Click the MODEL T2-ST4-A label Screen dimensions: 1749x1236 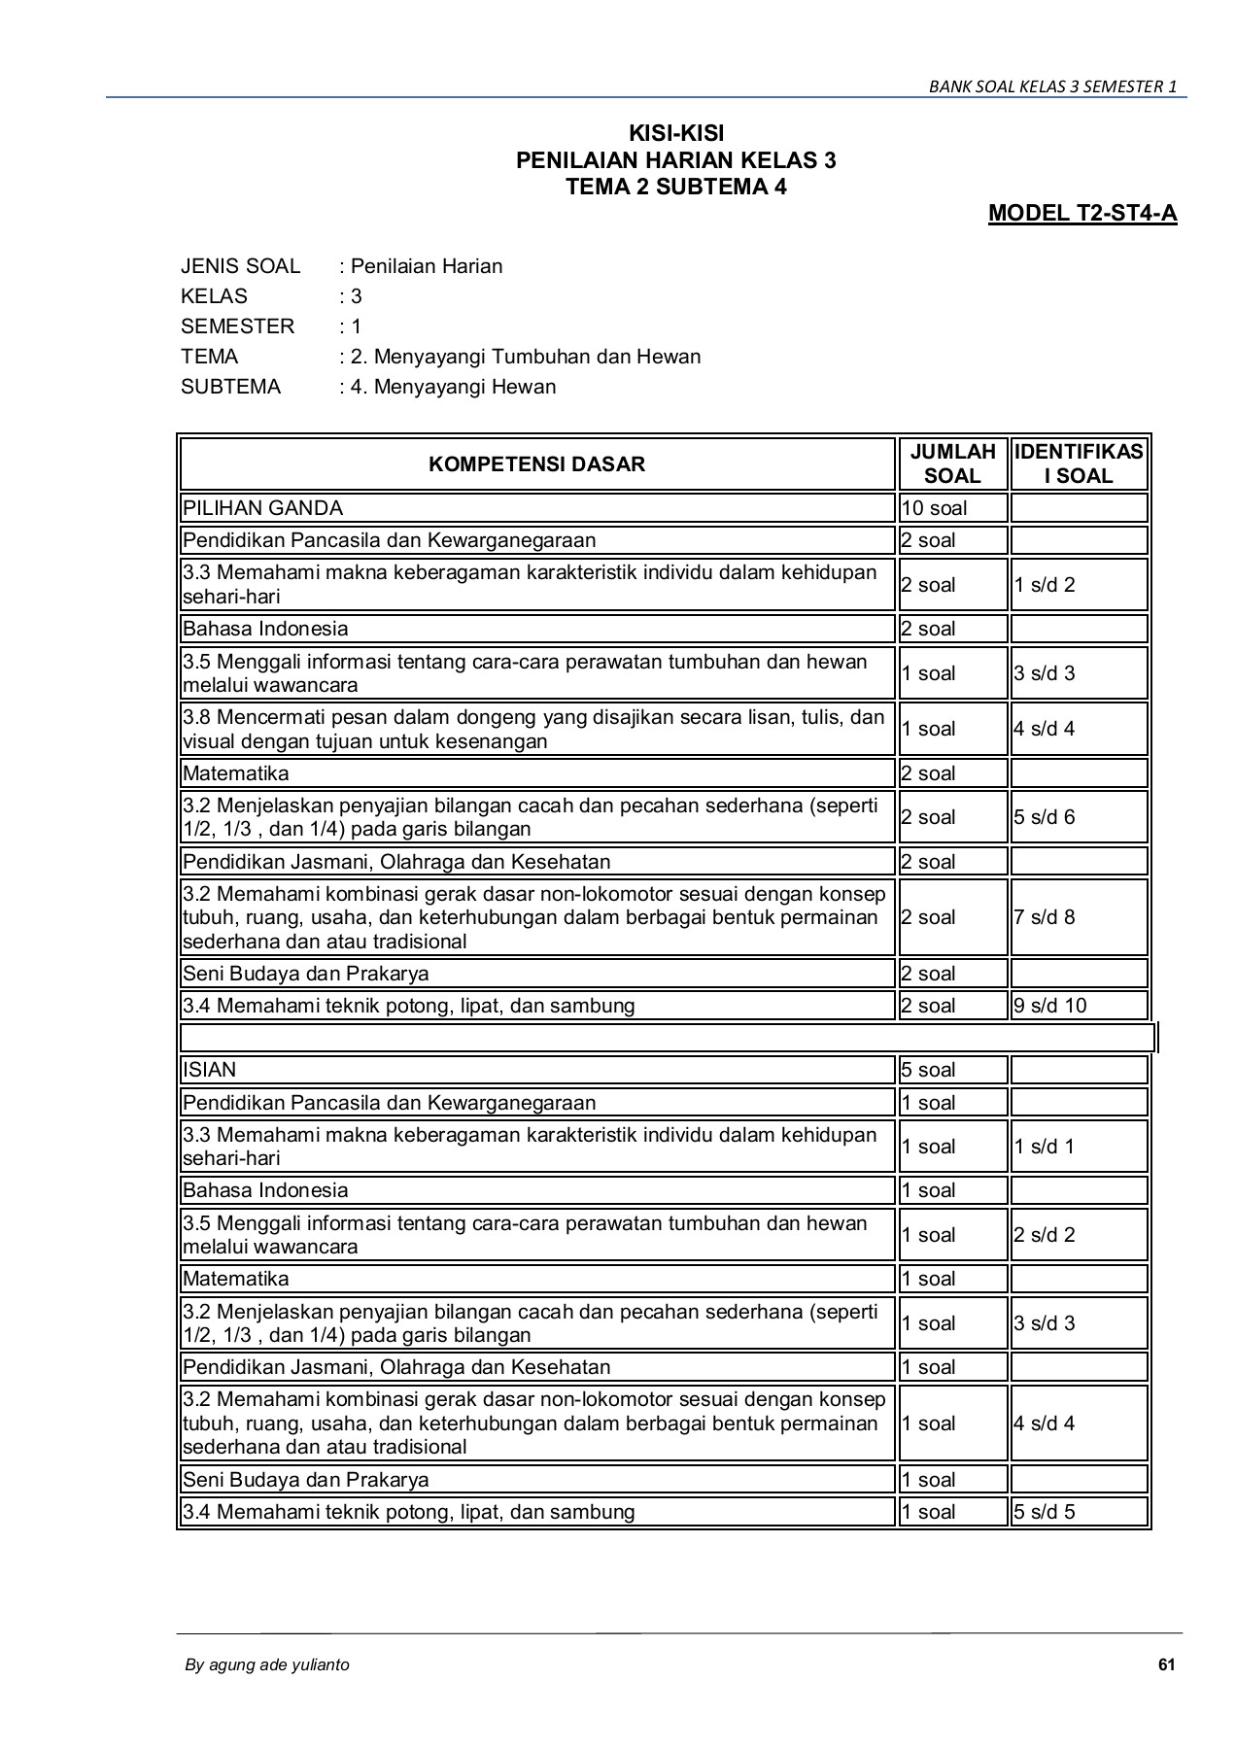[x=1081, y=213]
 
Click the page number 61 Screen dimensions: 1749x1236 [x=1167, y=1664]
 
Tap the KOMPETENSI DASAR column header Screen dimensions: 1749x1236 [x=536, y=464]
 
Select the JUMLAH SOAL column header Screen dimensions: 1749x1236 [x=952, y=464]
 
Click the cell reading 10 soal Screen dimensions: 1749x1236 [x=934, y=508]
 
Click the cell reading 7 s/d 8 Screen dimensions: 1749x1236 [x=1045, y=917]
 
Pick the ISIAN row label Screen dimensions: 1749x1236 [x=210, y=1070]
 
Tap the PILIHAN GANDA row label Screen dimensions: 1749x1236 [x=263, y=508]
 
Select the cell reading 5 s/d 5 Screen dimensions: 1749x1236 [x=1045, y=1512]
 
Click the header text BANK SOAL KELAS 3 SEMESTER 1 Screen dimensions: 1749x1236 [x=1052, y=86]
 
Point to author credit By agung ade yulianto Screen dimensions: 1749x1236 [x=267, y=1664]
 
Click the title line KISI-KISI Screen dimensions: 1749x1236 [x=675, y=133]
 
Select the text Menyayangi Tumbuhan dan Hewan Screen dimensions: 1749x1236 [x=537, y=357]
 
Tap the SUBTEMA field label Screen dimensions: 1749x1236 [x=230, y=387]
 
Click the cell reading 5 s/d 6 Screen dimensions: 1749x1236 [x=1045, y=817]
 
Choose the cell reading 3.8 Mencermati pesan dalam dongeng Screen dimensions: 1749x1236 [x=534, y=729]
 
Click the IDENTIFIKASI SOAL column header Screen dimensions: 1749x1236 [x=1079, y=464]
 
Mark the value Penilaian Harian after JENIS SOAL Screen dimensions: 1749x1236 [x=427, y=266]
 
